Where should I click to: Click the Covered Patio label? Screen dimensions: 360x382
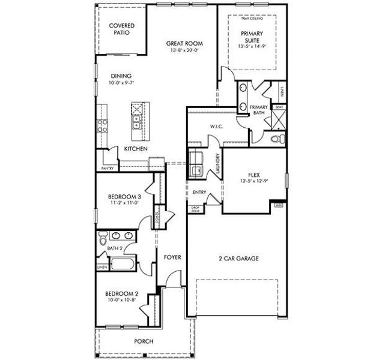(121, 29)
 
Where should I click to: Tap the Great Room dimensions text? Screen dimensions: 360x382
(184, 51)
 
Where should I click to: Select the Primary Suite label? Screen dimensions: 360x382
(252, 37)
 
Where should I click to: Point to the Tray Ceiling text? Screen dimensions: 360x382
(252, 19)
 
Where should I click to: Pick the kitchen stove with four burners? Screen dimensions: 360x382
(102, 126)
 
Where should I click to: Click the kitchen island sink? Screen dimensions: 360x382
(137, 124)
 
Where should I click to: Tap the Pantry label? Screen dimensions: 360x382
(108, 169)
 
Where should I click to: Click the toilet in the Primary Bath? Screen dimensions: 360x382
(276, 139)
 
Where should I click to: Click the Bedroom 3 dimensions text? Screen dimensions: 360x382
(124, 203)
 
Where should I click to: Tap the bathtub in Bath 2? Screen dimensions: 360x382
(124, 265)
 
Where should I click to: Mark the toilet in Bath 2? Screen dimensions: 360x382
(103, 236)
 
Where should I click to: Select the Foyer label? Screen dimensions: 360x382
(172, 257)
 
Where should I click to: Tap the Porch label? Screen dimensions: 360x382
(144, 341)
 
